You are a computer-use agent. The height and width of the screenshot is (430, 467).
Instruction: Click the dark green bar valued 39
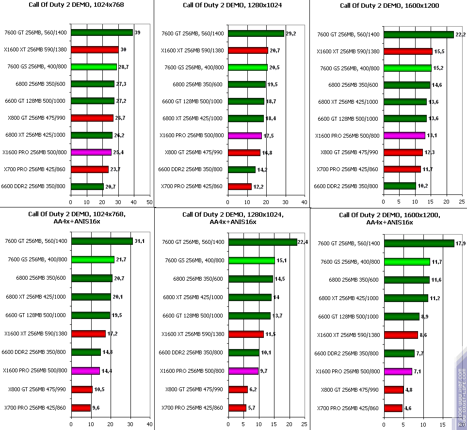click(x=101, y=32)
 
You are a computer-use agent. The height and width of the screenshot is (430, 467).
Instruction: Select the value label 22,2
click(x=460, y=34)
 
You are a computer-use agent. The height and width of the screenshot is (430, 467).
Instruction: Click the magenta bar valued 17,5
click(x=245, y=136)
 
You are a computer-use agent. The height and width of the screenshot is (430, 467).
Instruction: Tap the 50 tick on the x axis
click(x=149, y=202)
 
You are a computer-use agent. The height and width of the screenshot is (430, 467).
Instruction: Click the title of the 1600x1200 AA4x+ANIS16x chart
click(x=376, y=218)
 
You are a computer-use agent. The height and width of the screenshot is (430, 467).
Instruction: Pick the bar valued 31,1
click(x=102, y=241)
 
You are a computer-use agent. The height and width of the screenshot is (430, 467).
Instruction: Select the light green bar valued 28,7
click(x=94, y=67)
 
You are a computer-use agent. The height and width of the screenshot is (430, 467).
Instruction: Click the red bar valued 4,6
click(x=393, y=408)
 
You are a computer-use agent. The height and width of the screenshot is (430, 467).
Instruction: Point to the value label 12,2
click(x=258, y=187)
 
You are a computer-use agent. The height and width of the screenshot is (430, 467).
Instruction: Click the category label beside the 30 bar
click(x=35, y=49)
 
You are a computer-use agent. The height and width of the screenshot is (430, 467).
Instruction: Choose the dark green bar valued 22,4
click(x=262, y=242)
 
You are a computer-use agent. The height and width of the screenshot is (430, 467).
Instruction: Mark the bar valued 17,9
click(x=419, y=243)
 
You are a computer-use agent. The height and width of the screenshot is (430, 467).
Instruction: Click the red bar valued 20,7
click(x=248, y=50)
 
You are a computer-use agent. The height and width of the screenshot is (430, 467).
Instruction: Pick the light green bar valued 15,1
click(x=251, y=260)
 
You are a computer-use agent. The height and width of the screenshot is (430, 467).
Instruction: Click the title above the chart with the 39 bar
click(x=76, y=6)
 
